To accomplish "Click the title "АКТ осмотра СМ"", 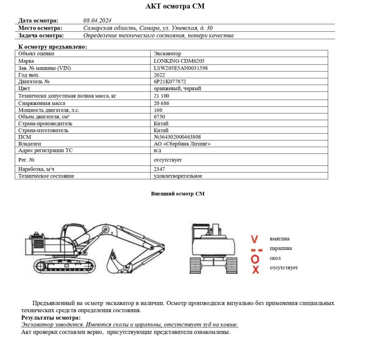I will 175,6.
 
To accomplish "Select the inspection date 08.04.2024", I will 97,21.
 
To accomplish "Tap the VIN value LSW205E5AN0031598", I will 180,68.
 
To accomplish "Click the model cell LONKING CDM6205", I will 179,61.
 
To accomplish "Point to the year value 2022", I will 159,75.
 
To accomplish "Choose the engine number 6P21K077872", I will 170,82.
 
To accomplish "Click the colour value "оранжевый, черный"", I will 177,89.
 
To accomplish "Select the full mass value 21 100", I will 162,96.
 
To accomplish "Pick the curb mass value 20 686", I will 162,103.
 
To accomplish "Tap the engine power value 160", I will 158,110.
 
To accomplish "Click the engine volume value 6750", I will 159,117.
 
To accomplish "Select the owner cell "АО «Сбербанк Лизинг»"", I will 182,144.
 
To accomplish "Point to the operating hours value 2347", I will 159,169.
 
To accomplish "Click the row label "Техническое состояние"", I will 46,176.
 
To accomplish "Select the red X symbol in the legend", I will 255,269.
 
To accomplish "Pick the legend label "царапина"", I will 281,249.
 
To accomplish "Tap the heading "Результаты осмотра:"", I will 51,318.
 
